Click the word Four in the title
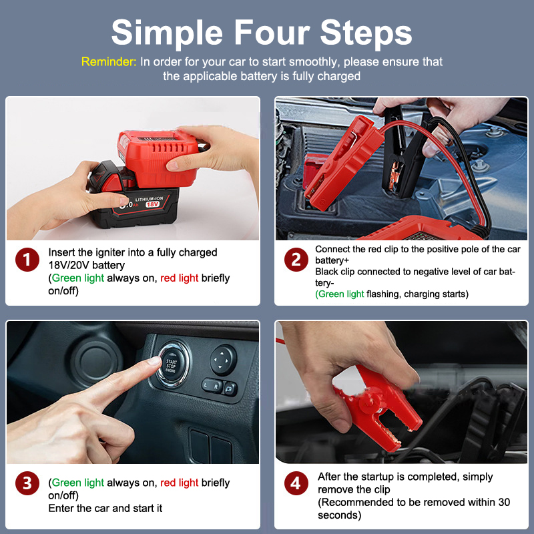(272, 32)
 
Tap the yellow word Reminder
(109, 61)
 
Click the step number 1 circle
(27, 260)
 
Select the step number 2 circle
(296, 260)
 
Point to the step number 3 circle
(27, 483)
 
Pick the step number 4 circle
(296, 483)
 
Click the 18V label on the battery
(152, 204)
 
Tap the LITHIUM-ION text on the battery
(149, 198)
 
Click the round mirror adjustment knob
(223, 360)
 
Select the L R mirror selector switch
(212, 386)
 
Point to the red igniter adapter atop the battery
(158, 158)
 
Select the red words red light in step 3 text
(179, 483)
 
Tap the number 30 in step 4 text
(504, 502)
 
